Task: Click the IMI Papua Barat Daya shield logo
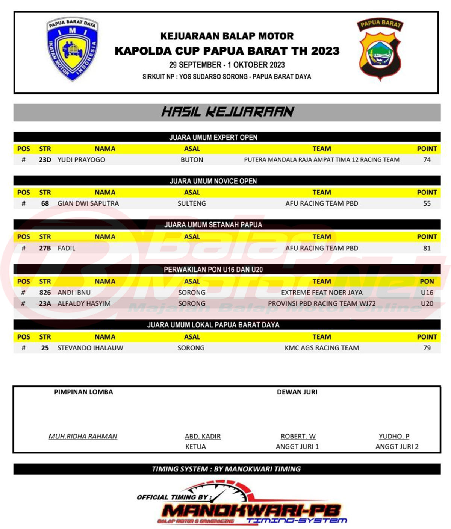72,49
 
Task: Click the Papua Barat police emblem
380,49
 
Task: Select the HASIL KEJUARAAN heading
227,112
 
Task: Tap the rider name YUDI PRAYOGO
81,160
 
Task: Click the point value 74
427,160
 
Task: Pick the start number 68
45,203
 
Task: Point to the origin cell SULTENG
192,203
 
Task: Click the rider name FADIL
67,248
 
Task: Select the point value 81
427,248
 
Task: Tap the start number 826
45,293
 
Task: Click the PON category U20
427,303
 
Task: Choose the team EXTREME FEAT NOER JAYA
322,293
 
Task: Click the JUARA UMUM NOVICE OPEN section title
213,181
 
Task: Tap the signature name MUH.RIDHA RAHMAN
83,436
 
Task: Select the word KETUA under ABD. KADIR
195,447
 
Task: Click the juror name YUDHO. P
394,436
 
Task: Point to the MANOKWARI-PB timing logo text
251,511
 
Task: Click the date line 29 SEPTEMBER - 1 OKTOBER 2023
227,65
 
